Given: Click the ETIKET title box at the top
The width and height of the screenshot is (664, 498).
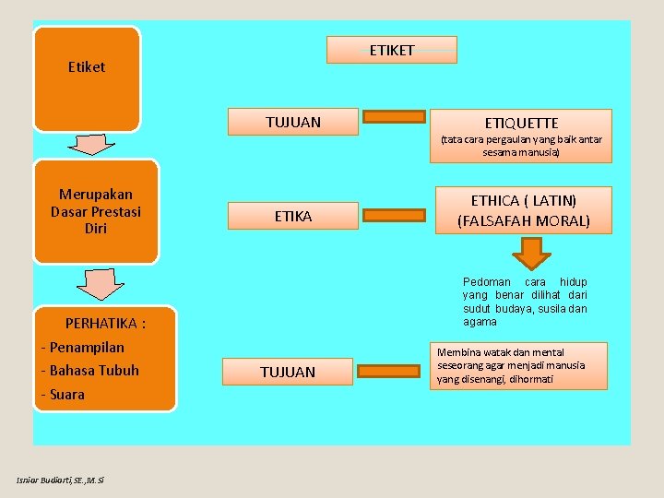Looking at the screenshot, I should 392,50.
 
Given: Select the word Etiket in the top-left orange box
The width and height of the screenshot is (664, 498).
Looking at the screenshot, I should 87,67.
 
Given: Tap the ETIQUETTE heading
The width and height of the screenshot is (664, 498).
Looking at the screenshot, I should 521,123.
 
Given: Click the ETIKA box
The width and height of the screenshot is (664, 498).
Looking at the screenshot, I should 293,217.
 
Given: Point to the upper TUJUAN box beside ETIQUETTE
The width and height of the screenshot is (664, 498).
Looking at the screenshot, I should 293,123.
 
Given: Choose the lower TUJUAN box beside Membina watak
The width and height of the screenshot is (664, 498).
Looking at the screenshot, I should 288,372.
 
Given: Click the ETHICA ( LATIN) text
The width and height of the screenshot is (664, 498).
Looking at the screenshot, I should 524,200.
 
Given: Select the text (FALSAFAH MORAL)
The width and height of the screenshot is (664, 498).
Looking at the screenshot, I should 524,221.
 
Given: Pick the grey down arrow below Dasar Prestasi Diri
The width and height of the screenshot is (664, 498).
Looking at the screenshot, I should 100,284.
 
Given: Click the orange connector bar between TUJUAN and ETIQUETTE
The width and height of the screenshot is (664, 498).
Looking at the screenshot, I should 393,117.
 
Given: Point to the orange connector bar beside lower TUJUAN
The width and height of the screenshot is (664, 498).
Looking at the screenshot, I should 393,370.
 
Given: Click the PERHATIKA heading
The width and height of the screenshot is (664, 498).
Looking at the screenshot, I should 106,324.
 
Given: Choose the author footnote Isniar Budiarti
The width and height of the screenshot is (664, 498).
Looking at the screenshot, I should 61,480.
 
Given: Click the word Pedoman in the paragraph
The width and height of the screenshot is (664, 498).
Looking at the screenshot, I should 486,282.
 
